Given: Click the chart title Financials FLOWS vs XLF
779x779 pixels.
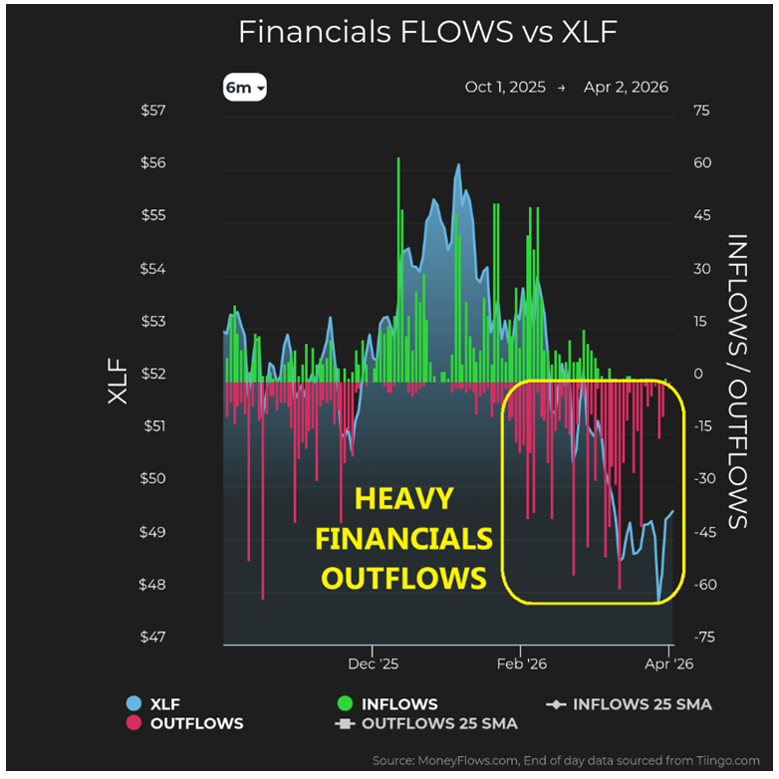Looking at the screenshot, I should point(427,32).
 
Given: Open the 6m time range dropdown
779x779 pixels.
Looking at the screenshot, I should point(245,88).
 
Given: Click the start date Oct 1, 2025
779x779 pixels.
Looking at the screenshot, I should point(505,88).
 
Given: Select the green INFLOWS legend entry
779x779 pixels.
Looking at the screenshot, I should point(388,704).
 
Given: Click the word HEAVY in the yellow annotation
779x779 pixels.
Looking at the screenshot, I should point(404,498).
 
